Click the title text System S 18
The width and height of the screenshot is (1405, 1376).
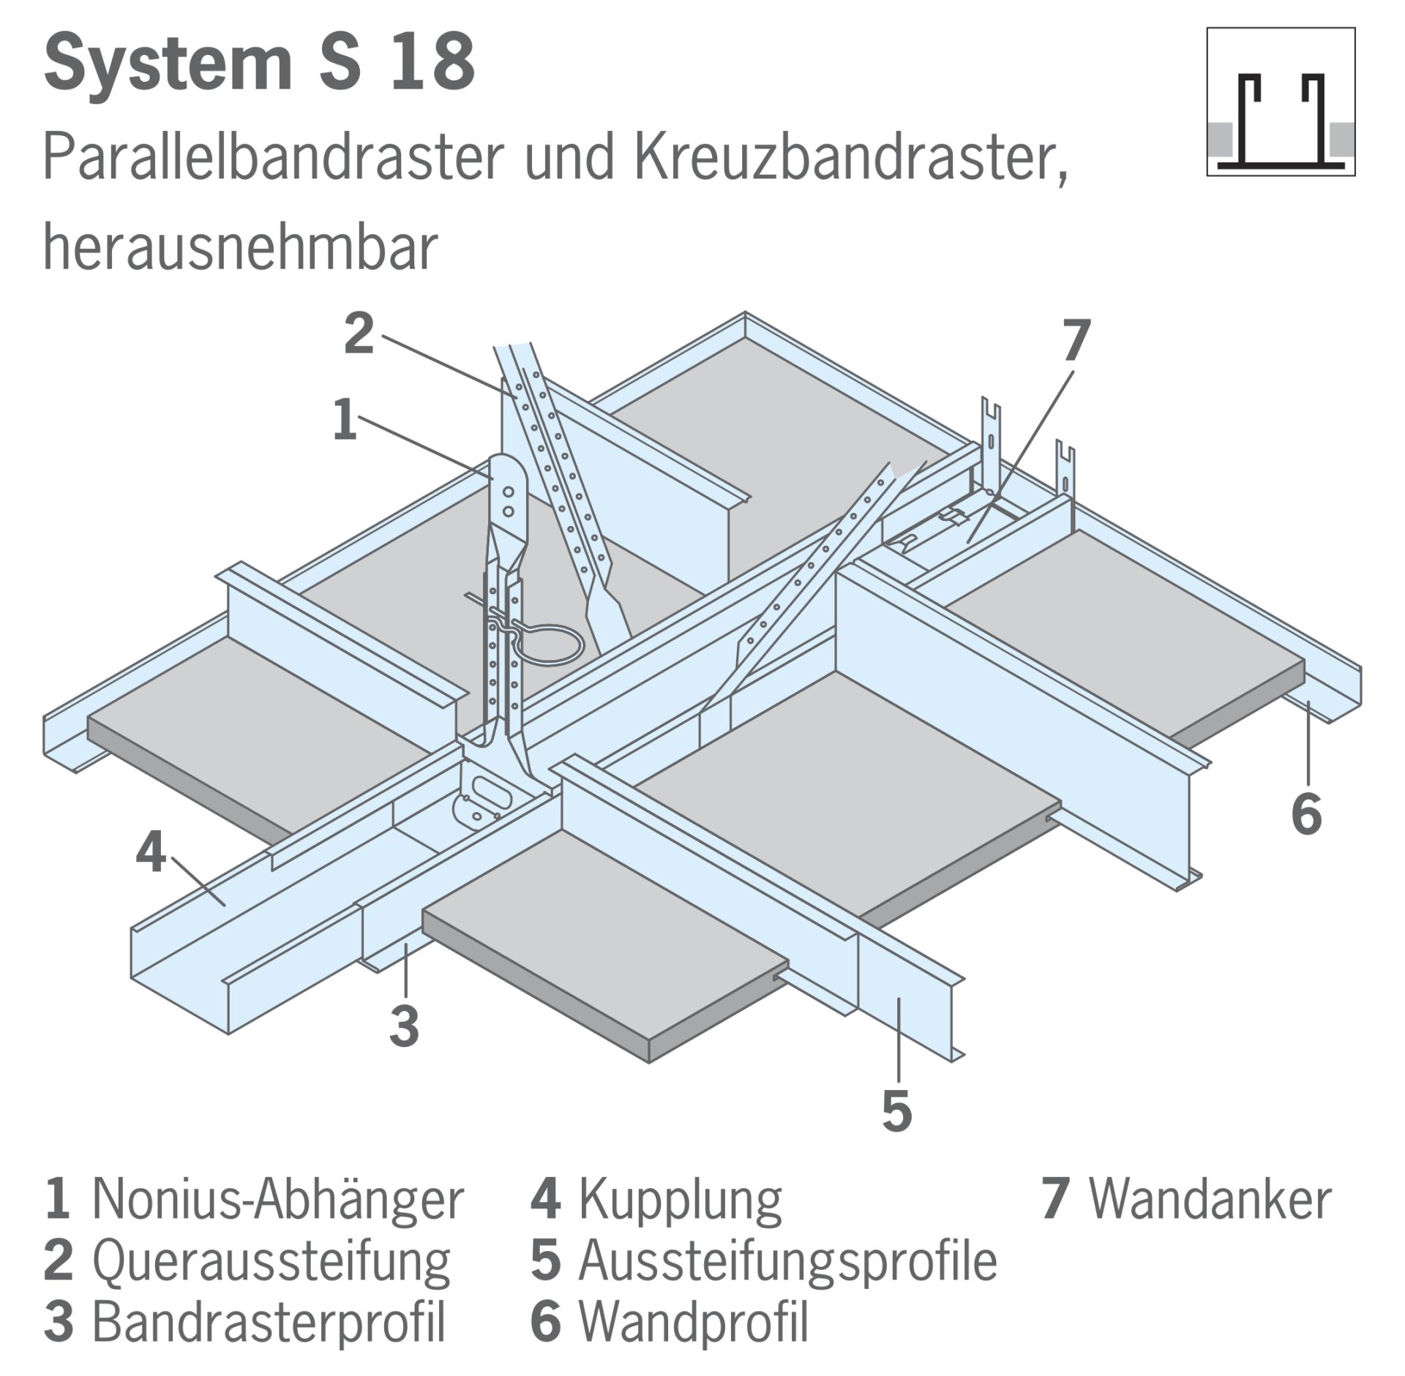tap(260, 64)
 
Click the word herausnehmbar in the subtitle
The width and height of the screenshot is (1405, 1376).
tap(241, 247)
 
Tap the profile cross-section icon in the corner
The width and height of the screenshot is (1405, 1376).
tap(1281, 102)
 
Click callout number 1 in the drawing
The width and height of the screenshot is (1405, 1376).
tap(345, 420)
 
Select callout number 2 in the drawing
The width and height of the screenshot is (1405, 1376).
tap(359, 334)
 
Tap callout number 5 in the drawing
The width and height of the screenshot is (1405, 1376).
tap(896, 1110)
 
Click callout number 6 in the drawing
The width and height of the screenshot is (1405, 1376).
tap(1306, 813)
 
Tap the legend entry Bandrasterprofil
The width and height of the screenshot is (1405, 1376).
tap(244, 1321)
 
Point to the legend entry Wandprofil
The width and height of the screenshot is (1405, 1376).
tap(669, 1321)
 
